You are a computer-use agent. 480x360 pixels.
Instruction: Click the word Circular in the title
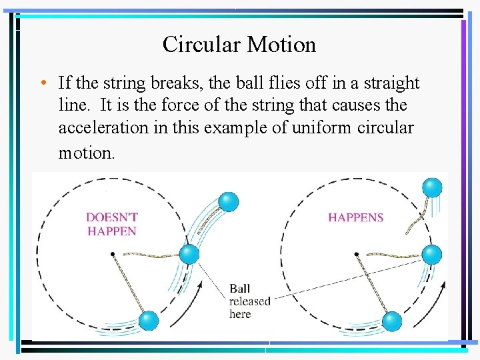[202, 45]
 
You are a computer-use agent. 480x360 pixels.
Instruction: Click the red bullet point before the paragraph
[42, 83]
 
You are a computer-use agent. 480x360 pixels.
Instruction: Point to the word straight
[389, 83]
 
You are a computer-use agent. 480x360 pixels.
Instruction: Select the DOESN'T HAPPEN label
[112, 224]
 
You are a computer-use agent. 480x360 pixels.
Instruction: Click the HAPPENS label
[355, 217]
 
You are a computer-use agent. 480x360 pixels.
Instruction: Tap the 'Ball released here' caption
[249, 301]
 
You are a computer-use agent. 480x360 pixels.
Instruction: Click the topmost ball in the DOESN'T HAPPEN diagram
[228, 201]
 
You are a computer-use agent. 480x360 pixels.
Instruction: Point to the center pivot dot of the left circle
[113, 253]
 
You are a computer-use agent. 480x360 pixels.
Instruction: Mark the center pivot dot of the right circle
[357, 253]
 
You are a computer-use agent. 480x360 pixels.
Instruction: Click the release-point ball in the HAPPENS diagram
[433, 254]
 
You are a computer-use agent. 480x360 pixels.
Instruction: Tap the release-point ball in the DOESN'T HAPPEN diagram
[189, 254]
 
